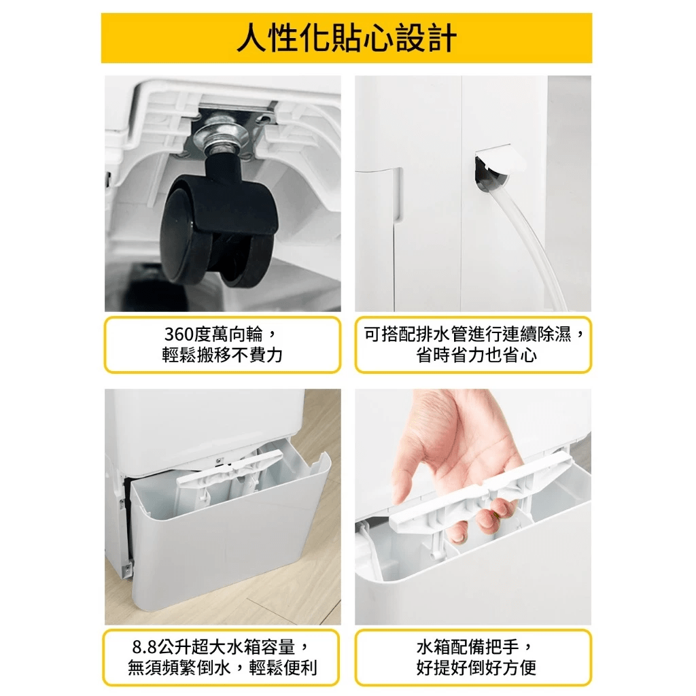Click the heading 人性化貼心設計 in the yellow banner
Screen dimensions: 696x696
[347, 38]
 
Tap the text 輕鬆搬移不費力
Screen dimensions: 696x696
[222, 355]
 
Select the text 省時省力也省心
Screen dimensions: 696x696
[476, 355]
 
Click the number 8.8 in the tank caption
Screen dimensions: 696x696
[145, 647]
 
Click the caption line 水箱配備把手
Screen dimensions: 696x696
[468, 647]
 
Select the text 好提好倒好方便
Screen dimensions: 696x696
[476, 667]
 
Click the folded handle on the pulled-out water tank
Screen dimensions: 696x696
[230, 469]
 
